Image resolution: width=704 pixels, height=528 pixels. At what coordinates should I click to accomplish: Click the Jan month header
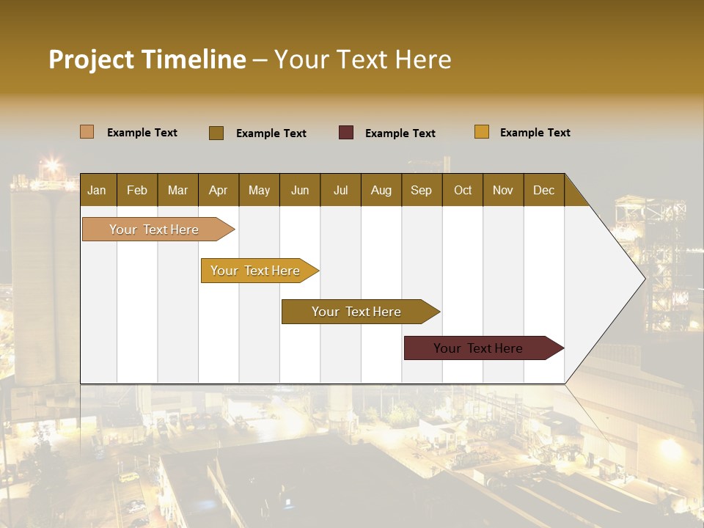97,190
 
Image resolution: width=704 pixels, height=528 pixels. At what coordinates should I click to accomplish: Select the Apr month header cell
218,190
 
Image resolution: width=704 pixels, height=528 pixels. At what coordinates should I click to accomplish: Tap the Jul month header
340,190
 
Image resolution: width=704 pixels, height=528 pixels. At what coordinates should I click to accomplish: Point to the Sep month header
421,190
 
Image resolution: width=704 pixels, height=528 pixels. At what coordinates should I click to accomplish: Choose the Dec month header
543,190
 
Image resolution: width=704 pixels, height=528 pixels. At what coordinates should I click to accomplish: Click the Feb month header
136,190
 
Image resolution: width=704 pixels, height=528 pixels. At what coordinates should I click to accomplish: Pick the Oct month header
463,190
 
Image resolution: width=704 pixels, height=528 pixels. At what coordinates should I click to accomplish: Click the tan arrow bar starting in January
154,230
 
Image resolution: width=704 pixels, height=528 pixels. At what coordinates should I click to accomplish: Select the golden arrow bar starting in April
255,271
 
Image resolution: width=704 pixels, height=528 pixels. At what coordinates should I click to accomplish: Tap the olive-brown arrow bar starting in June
356,312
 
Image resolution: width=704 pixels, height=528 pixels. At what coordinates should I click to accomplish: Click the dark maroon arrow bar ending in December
478,348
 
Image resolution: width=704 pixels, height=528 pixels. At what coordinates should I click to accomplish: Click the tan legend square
87,132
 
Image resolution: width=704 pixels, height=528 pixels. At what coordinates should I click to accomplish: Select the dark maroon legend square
346,133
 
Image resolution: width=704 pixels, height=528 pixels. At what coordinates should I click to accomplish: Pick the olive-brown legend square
216,133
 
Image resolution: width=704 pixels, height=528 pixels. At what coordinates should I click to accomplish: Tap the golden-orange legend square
481,132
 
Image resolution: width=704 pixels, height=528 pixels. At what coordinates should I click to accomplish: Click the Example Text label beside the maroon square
400,133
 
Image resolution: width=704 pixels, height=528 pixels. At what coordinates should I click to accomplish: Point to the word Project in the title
91,60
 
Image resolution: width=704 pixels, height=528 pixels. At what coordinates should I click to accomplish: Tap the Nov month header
502,190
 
